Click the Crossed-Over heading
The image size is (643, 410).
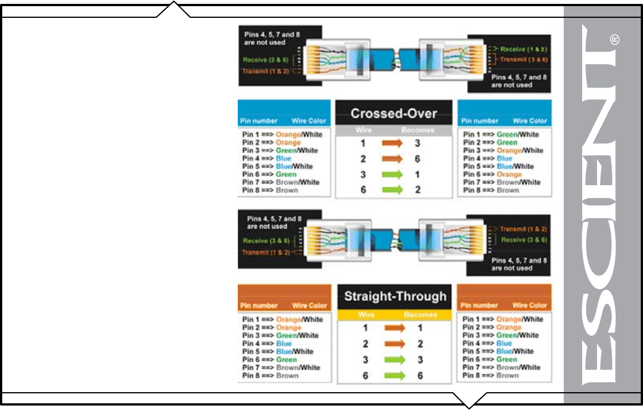394,114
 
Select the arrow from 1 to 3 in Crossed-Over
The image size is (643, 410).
392,143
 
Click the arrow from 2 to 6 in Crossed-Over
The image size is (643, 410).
392,159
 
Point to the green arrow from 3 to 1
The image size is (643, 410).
392,175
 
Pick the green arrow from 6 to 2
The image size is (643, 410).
392,190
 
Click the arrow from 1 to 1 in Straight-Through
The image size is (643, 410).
394,329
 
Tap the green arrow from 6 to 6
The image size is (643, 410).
394,376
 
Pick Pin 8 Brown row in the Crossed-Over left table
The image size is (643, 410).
270,190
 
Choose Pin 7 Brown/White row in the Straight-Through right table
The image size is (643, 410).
501,367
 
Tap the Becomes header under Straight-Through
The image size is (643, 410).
420,315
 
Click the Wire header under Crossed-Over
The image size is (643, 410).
363,130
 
